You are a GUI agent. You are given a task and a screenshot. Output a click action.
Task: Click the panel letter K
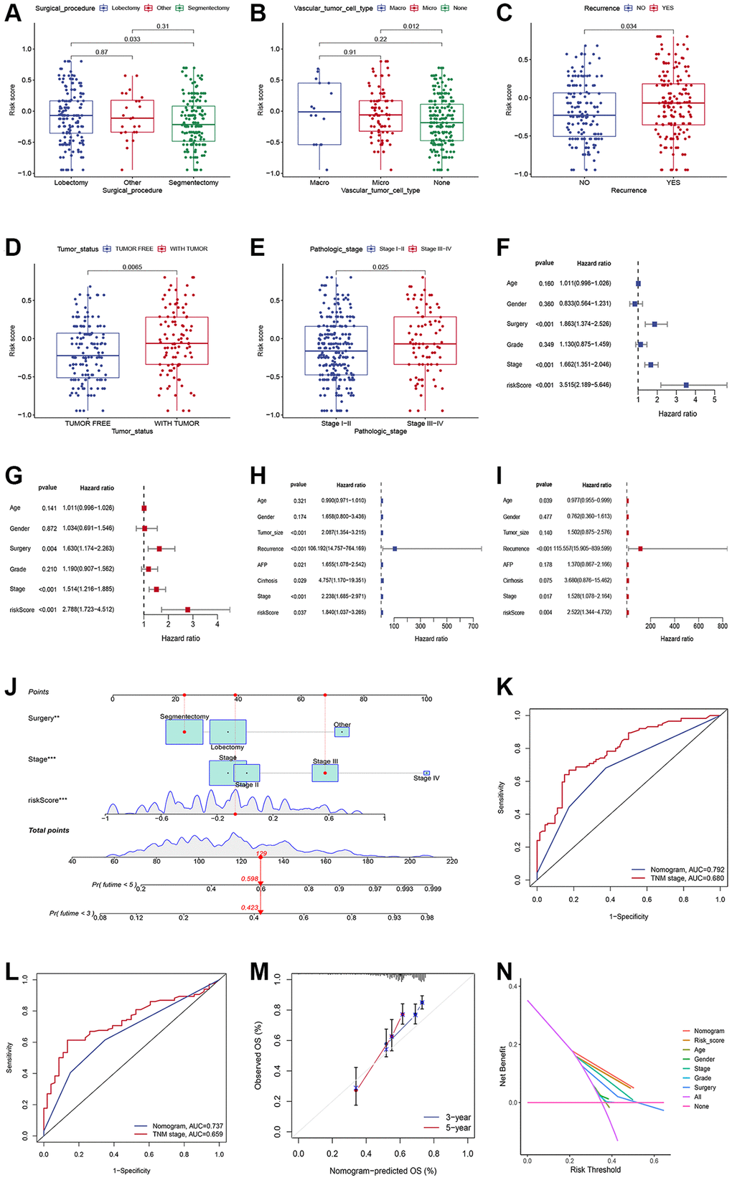tap(505, 687)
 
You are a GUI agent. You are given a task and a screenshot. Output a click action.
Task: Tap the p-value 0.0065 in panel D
tap(132, 267)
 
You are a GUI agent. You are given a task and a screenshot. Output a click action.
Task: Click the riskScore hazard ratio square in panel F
tap(686, 386)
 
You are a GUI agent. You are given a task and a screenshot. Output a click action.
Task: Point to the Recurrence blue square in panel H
tap(395, 548)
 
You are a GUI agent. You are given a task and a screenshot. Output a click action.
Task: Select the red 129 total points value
tap(262, 854)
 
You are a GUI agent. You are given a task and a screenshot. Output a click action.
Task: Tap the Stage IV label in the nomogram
tap(426, 778)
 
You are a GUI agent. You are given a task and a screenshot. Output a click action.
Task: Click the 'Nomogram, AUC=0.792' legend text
tap(687, 870)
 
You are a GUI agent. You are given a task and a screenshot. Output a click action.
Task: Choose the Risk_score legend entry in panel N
tap(708, 1040)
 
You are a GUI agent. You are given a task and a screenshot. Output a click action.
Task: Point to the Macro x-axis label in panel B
tap(319, 183)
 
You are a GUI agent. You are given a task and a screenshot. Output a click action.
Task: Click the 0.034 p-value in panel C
tap(629, 27)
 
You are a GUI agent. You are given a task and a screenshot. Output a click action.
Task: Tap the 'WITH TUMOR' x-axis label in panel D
tap(177, 423)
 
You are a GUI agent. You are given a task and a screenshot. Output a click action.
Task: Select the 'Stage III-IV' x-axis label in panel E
tap(425, 423)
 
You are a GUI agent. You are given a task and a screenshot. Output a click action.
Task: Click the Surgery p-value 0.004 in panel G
tap(49, 548)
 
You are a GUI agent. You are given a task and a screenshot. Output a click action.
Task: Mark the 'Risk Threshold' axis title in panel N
tap(595, 1169)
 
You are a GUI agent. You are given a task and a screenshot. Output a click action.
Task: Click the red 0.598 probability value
tap(250, 879)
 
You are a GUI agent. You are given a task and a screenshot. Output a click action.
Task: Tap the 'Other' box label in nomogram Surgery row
tap(342, 725)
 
